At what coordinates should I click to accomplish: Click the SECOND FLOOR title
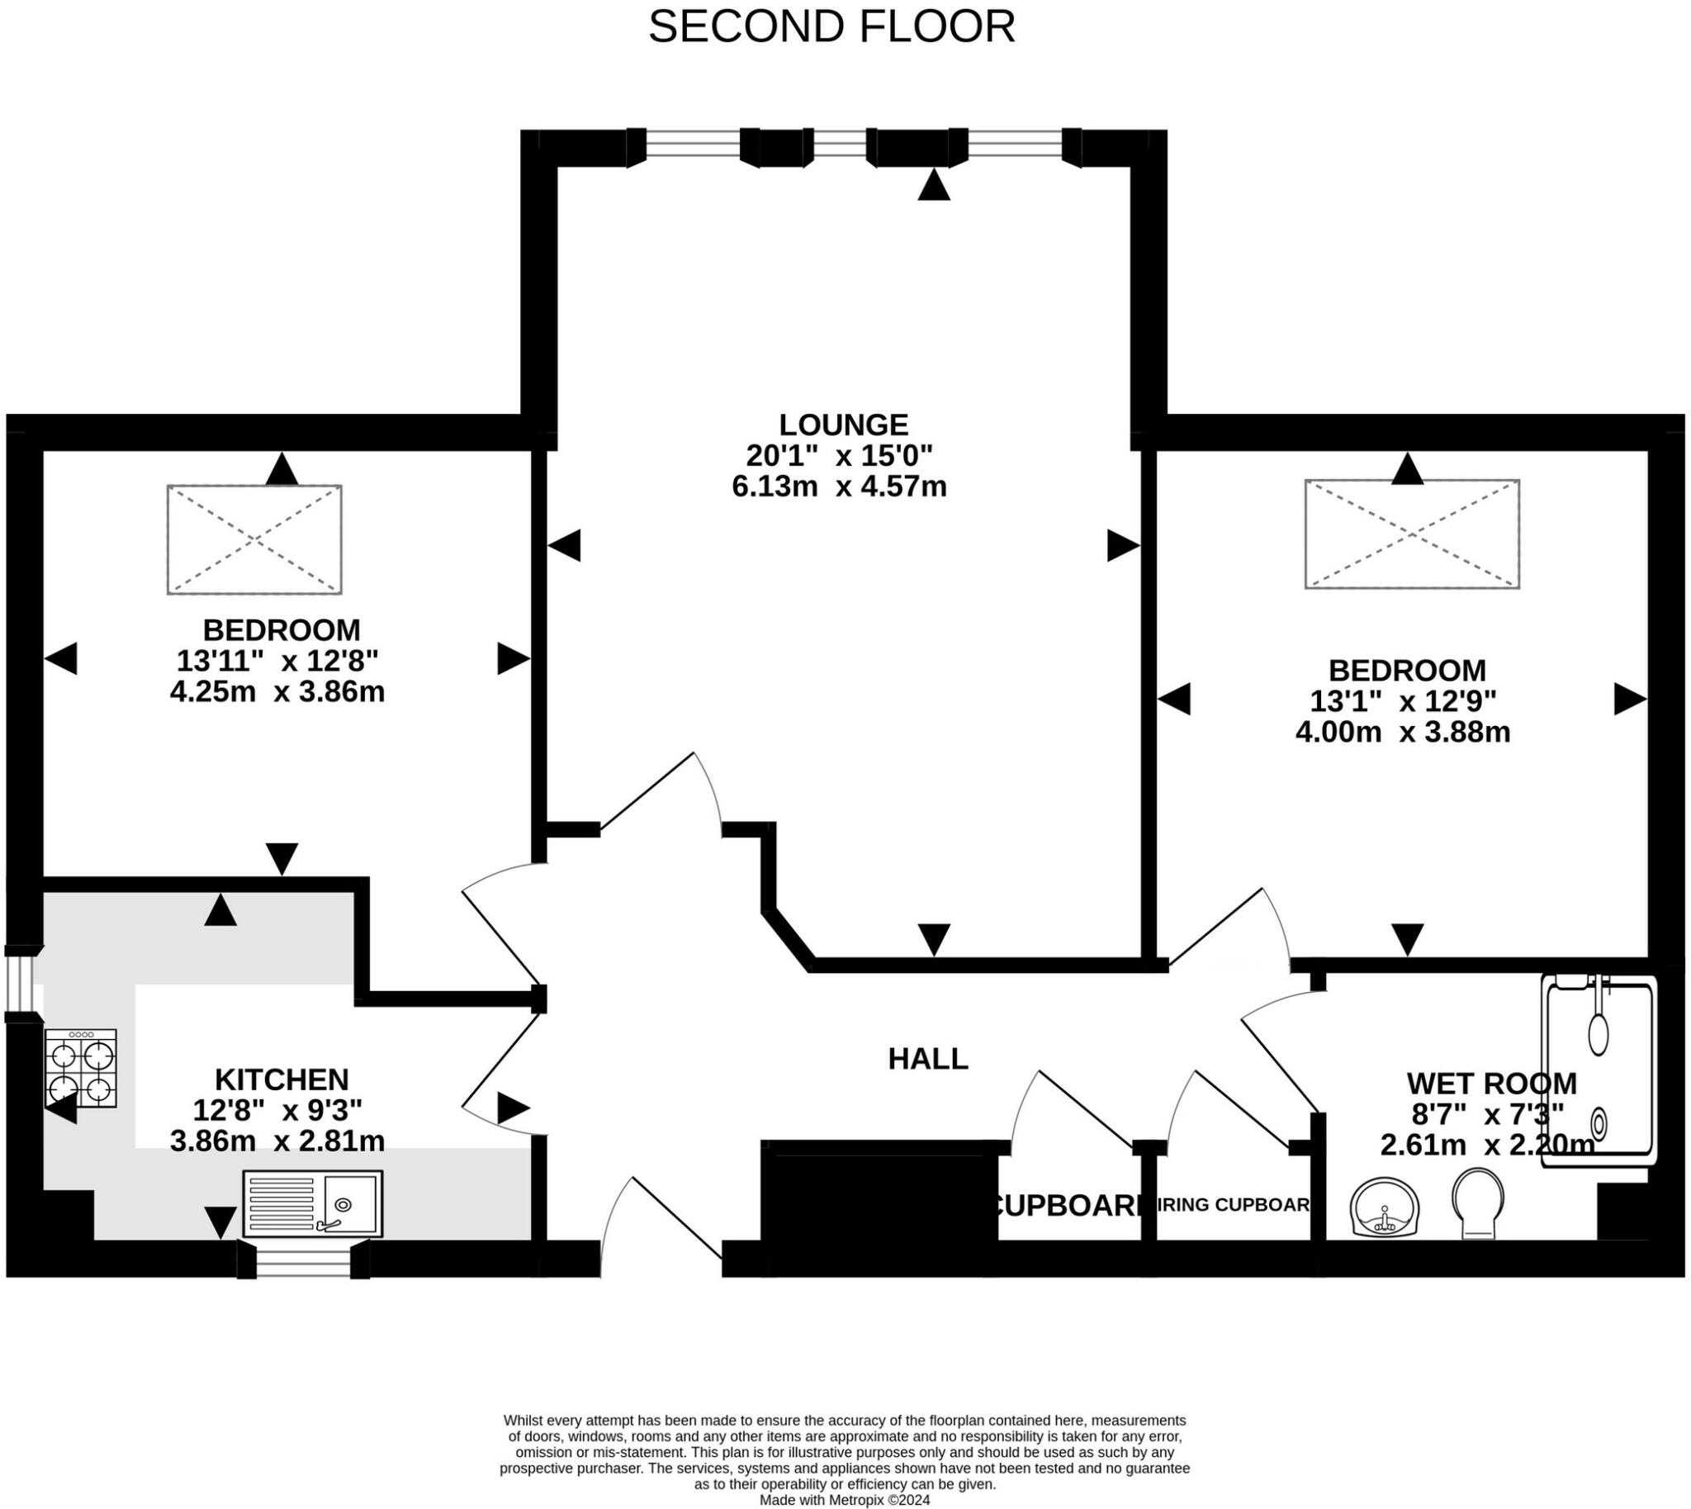(831, 27)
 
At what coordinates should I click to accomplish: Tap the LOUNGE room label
(843, 425)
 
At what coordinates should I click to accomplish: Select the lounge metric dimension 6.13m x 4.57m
(839, 486)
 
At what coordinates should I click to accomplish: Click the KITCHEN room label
(282, 1080)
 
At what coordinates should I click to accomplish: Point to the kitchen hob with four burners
(80, 1068)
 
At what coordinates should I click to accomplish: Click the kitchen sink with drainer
(312, 1204)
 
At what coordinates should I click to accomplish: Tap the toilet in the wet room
(1478, 1203)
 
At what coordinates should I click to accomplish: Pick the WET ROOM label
(1491, 1083)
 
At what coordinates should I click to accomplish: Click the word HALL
(927, 1059)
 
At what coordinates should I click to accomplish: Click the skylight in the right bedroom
(1412, 534)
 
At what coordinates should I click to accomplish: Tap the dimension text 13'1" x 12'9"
(1403, 701)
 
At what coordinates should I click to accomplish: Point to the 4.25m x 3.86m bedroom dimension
(277, 691)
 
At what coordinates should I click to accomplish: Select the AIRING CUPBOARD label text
(1233, 1206)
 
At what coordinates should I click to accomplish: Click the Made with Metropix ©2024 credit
(845, 1500)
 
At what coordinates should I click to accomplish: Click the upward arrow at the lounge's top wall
(933, 185)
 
